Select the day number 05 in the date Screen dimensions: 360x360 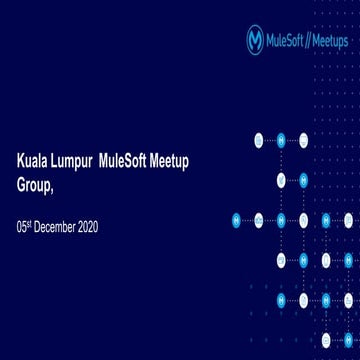21,227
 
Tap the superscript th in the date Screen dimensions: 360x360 29,224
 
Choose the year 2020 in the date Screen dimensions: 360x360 88,227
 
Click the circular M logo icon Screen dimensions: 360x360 256,40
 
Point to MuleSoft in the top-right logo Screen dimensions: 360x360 289,41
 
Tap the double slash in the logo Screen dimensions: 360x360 313,41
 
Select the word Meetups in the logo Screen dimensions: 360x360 334,41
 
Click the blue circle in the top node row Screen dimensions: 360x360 281,140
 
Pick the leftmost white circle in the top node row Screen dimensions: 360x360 259,140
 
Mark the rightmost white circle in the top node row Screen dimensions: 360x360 303,140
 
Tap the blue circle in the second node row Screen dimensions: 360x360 303,180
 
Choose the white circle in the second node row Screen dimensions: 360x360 281,180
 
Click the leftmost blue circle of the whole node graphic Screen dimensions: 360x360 237,220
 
